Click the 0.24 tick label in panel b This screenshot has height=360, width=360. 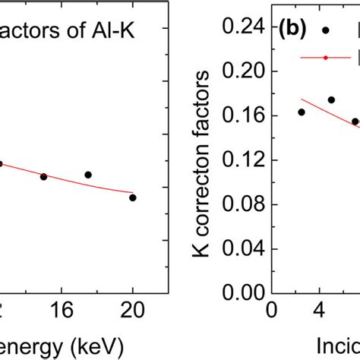(x=238, y=27)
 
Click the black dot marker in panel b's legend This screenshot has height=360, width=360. (x=326, y=30)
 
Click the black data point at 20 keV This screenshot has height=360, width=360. (x=133, y=197)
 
